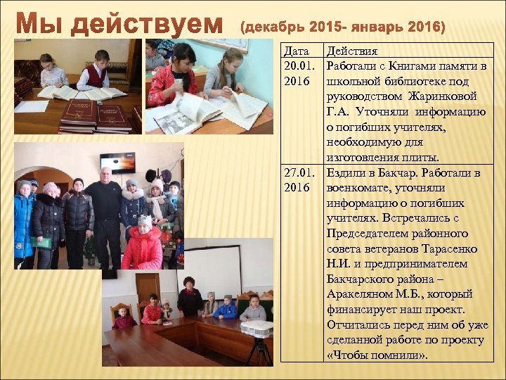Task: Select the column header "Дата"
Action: (x=295, y=51)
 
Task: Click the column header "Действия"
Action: (x=351, y=51)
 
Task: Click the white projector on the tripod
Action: (x=256, y=329)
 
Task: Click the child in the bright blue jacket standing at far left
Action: (x=24, y=218)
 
